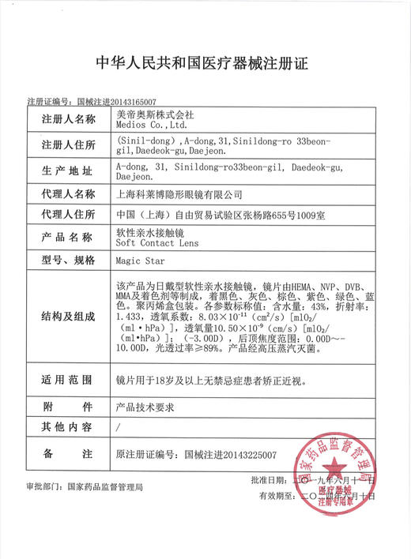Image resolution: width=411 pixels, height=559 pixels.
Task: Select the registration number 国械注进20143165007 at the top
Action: click(116, 103)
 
